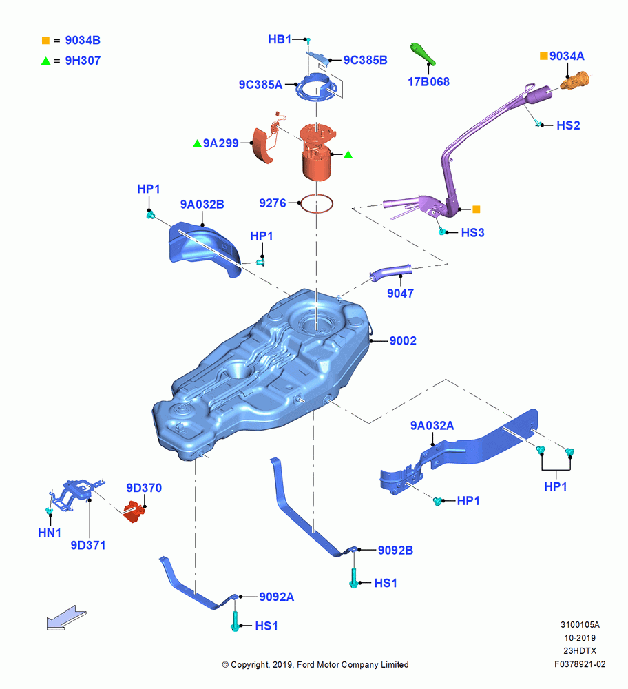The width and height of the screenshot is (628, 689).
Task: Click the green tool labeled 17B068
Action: pyautogui.click(x=423, y=54)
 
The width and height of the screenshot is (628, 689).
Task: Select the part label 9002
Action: pyautogui.click(x=403, y=340)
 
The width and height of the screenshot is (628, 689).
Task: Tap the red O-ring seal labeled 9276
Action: pyautogui.click(x=316, y=204)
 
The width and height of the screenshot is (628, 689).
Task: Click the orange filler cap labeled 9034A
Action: pyautogui.click(x=575, y=81)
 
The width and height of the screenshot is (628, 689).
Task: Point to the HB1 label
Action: pyautogui.click(x=280, y=39)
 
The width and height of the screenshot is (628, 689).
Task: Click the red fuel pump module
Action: pyautogui.click(x=317, y=151)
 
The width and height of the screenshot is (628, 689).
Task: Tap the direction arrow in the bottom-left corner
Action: pyautogui.click(x=66, y=617)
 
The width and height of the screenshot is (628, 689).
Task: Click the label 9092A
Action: pyautogui.click(x=277, y=597)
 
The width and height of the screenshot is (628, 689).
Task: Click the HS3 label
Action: pyautogui.click(x=472, y=232)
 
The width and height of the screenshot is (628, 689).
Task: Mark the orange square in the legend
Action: pyautogui.click(x=45, y=41)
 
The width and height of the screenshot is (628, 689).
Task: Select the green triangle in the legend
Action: pyautogui.click(x=45, y=61)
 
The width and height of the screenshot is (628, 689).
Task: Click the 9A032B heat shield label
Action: pyautogui.click(x=202, y=205)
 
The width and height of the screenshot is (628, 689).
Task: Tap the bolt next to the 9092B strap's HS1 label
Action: pyautogui.click(x=353, y=578)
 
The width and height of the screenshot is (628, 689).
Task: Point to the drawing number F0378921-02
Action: pyautogui.click(x=580, y=664)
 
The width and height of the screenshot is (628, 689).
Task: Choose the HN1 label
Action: pyautogui.click(x=50, y=533)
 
